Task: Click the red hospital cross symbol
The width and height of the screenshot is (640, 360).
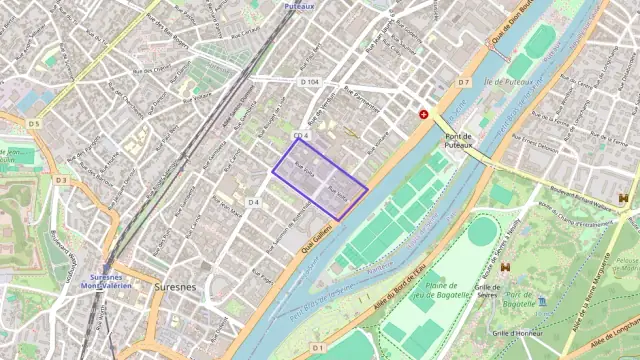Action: pyautogui.click(x=424, y=115)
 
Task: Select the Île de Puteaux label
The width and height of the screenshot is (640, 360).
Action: pyautogui.click(x=506, y=82)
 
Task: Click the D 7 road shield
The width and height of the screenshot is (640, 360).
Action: pyautogui.click(x=463, y=82)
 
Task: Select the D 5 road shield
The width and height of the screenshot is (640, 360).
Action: pyautogui.click(x=33, y=124)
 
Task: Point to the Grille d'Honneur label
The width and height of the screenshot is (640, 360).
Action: pyautogui.click(x=517, y=333)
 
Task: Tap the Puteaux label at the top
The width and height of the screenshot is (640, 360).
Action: pyautogui.click(x=298, y=6)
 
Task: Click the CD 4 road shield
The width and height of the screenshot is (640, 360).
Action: pyautogui.click(x=302, y=135)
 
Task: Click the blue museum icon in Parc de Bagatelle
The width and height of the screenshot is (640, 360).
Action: pyautogui.click(x=542, y=301)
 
